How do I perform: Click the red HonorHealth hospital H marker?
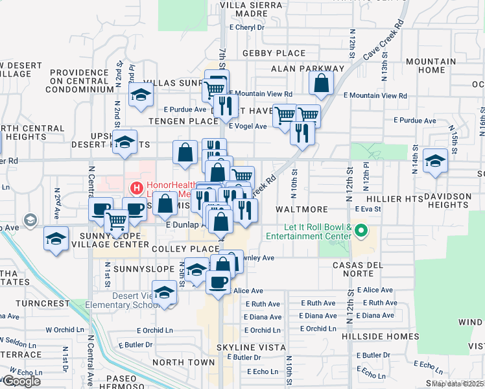pyautogui.click(x=137, y=189)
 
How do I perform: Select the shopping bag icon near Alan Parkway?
pyautogui.click(x=321, y=82)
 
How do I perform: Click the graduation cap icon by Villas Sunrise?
pyautogui.click(x=140, y=94)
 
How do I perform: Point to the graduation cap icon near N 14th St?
pyautogui.click(x=435, y=159)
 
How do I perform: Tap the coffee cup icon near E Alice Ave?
pyautogui.click(x=217, y=281)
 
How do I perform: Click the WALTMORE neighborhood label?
pyautogui.click(x=299, y=210)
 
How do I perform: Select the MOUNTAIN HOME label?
pyautogui.click(x=431, y=65)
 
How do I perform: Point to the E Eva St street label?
pyautogui.click(x=367, y=209)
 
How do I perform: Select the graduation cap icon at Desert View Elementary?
pyautogui.click(x=165, y=292)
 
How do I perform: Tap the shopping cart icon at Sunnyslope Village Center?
pyautogui.click(x=117, y=221)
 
